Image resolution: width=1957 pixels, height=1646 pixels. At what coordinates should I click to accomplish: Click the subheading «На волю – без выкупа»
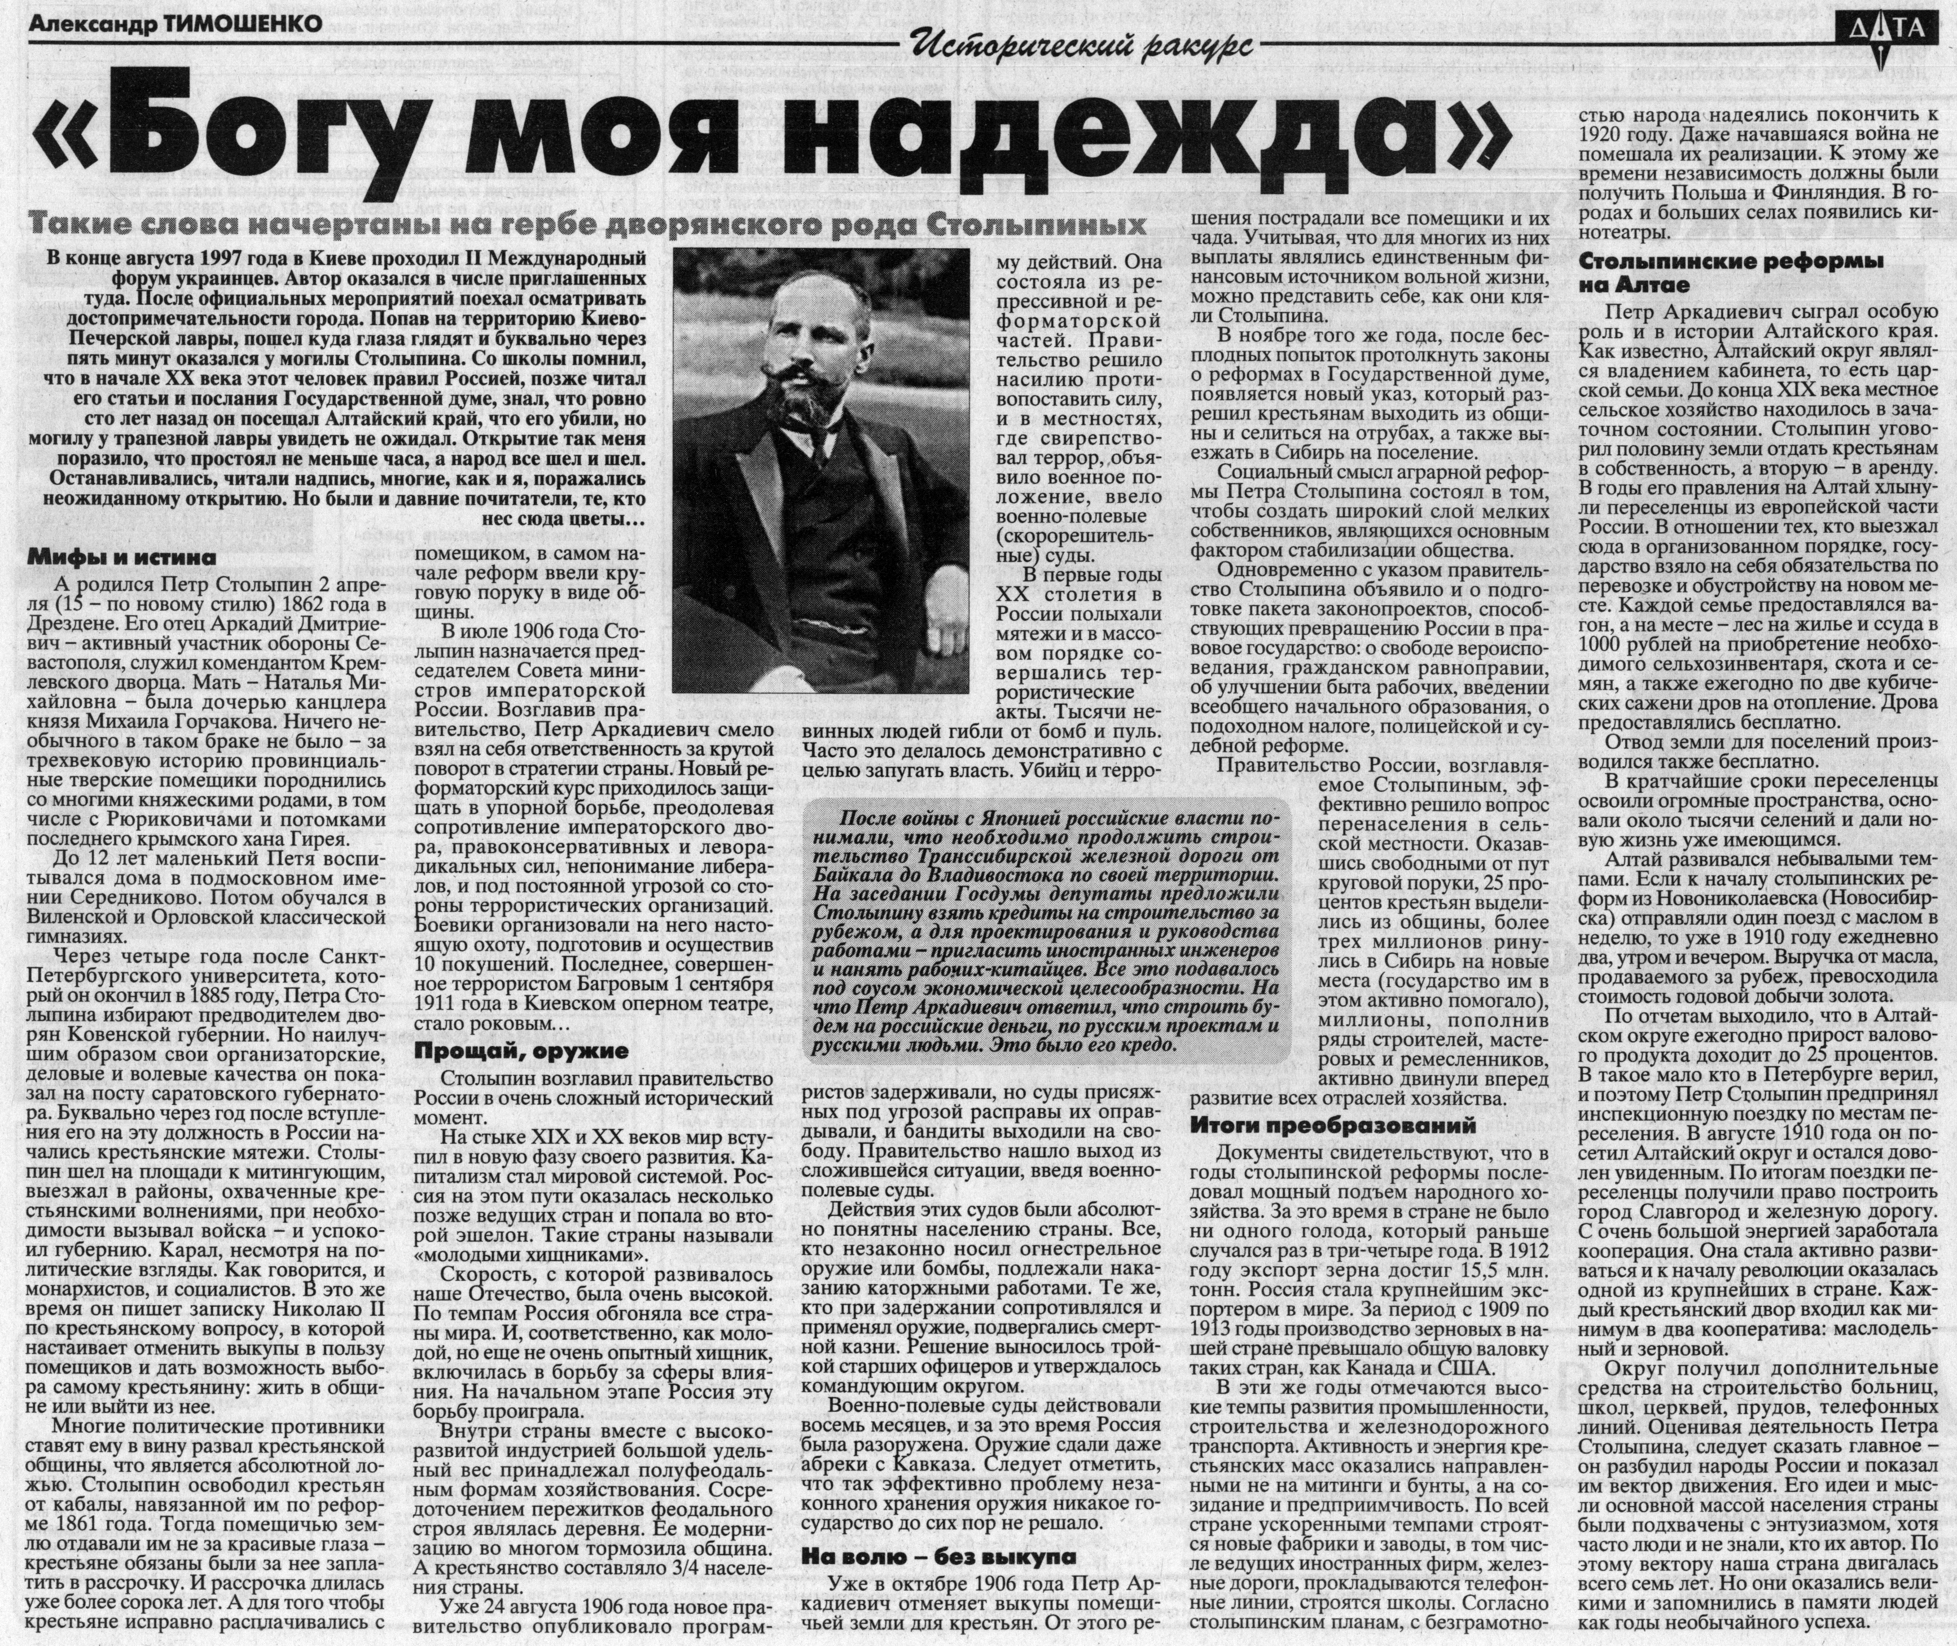point(938,1556)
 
